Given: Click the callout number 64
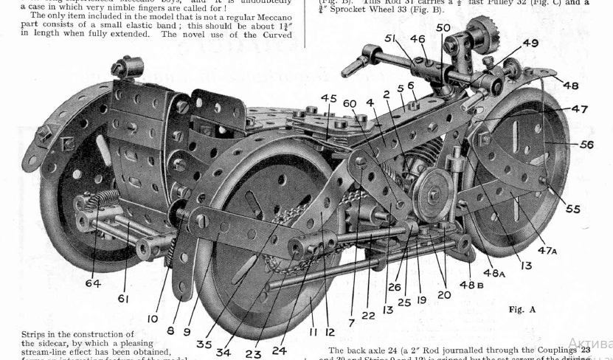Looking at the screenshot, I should click(x=92, y=283).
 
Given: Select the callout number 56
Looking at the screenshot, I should click(x=586, y=145).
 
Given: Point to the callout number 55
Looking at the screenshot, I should click(x=573, y=209).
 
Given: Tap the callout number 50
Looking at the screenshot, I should click(x=443, y=27).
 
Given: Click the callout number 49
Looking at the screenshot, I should click(x=530, y=43).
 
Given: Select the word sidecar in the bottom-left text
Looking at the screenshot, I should click(x=120, y=343).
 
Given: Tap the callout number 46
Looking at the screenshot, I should click(x=418, y=39).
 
